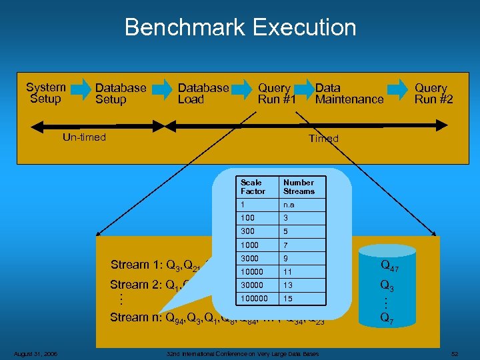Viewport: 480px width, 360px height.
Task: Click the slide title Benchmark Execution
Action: pos(240,27)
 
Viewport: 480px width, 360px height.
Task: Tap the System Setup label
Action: pos(45,93)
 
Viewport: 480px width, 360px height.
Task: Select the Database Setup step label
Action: pos(121,93)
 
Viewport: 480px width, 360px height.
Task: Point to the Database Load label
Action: pos(203,93)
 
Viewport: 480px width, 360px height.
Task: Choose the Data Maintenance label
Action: pos(349,93)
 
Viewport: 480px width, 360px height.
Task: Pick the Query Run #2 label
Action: pos(433,93)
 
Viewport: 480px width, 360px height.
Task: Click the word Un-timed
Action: pos(83,137)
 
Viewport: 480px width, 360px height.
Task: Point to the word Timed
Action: pos(323,139)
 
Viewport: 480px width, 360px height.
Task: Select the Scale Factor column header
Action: pos(253,187)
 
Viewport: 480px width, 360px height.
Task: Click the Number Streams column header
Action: pos(298,187)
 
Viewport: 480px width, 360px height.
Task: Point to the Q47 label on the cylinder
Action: pos(389,266)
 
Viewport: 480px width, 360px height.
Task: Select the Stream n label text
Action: pos(137,317)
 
